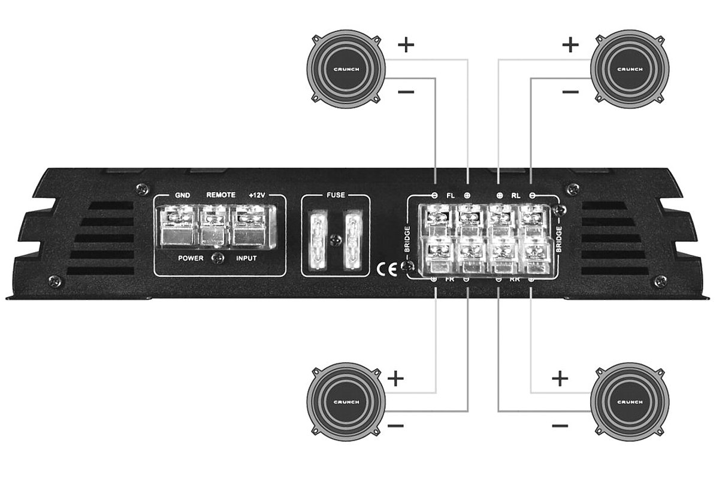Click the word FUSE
[x=334, y=195]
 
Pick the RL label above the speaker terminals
[x=515, y=195]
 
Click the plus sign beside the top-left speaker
[x=406, y=46]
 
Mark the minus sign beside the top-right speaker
[x=571, y=92]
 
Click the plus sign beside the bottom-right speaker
[x=559, y=378]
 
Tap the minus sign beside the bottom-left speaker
[x=395, y=426]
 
